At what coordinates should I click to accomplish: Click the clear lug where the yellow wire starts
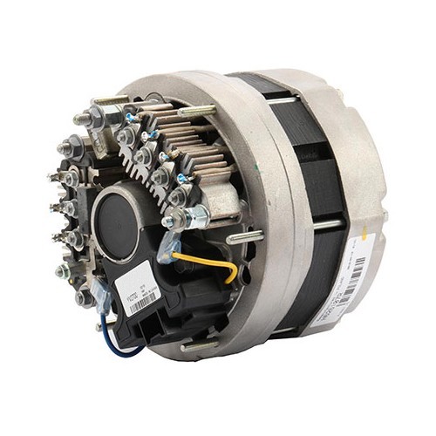point(174,253)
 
